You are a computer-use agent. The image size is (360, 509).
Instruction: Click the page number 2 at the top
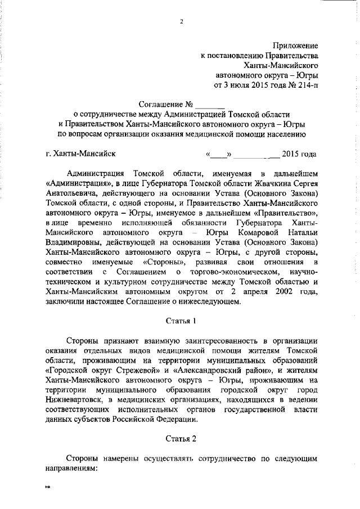pyautogui.click(x=182, y=22)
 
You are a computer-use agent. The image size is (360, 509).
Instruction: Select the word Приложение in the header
pyautogui.click(x=296, y=45)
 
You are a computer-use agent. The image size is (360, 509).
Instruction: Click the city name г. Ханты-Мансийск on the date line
pyautogui.click(x=80, y=154)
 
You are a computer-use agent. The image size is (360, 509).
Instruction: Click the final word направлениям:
pyautogui.click(x=71, y=468)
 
